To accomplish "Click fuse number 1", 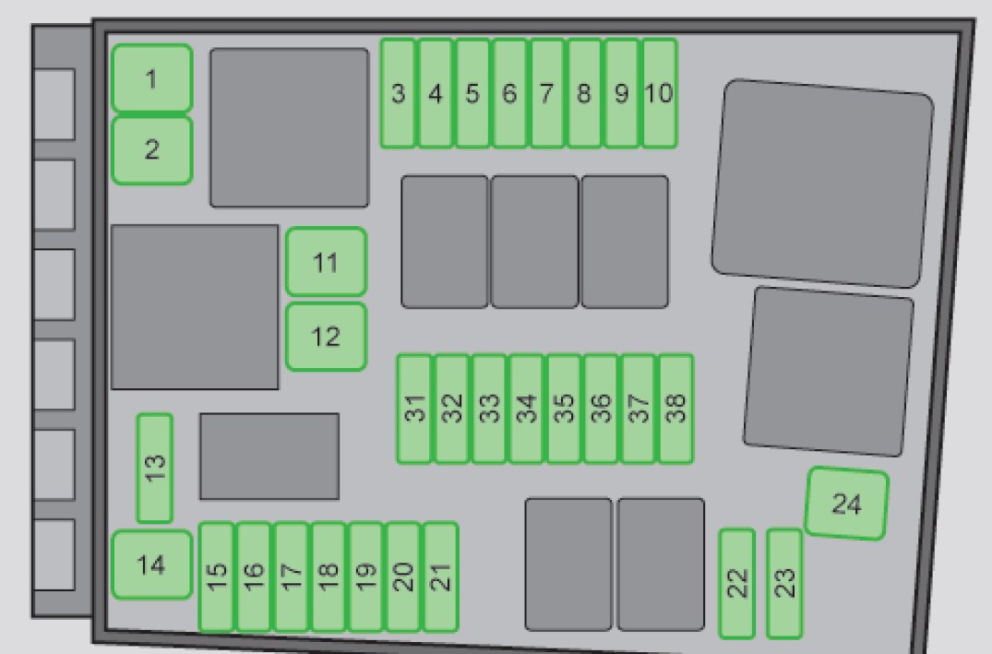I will (152, 78).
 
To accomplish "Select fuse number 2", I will (152, 149).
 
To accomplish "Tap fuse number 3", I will (399, 93).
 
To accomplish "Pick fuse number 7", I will (547, 93).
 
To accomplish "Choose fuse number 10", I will (659, 93).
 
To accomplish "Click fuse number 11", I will (325, 263).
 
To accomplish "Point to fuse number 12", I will (325, 337).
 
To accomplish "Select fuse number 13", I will (155, 468).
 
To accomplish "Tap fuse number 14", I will (152, 565).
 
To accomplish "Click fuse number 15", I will (217, 577).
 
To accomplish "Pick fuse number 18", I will (329, 577).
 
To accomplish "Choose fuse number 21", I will (441, 577).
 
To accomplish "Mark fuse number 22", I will (736, 584).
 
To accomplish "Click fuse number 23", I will (784, 584).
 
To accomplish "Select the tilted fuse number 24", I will (846, 504).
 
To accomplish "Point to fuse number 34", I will (527, 409).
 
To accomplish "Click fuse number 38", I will (676, 409).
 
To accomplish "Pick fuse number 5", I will (472, 93).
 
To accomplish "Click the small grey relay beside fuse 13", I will (269, 456).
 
